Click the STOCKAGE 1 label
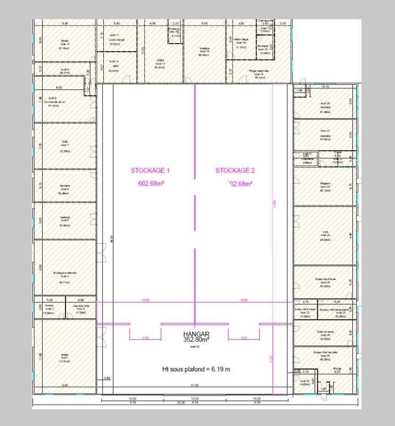(150, 171)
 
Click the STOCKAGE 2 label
(235, 171)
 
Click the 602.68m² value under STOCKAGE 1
(150, 184)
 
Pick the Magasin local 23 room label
(325, 187)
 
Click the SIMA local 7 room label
(65, 144)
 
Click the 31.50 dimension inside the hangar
(195, 385)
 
